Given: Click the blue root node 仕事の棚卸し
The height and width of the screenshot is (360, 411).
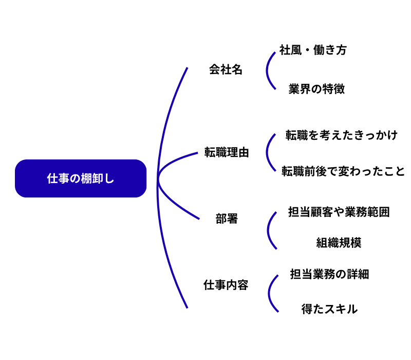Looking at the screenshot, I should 81,178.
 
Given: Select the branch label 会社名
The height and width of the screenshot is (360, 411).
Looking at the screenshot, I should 226,70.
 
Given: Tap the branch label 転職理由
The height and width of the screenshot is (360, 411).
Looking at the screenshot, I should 227,153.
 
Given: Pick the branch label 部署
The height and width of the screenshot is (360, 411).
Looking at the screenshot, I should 227,219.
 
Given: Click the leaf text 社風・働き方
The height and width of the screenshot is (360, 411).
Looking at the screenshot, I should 313,50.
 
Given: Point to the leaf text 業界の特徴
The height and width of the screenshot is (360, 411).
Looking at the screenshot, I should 316,89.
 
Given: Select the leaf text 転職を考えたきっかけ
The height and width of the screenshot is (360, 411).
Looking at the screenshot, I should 342,135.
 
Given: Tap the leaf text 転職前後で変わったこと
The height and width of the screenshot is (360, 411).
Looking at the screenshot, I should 343,171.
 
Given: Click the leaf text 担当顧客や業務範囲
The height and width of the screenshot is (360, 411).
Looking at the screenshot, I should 339,212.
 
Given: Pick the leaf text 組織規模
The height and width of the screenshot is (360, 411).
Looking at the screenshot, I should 339,243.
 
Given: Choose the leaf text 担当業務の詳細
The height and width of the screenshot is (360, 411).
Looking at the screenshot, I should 329,274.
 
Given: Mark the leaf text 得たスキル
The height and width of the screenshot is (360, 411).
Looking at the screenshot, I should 329,309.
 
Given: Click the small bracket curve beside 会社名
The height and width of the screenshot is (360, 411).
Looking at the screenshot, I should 267,70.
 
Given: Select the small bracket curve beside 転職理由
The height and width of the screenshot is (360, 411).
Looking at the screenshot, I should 267,153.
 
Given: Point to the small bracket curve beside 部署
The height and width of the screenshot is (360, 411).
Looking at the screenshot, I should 268,230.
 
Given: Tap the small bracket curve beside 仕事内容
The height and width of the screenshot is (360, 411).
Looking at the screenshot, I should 269,293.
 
